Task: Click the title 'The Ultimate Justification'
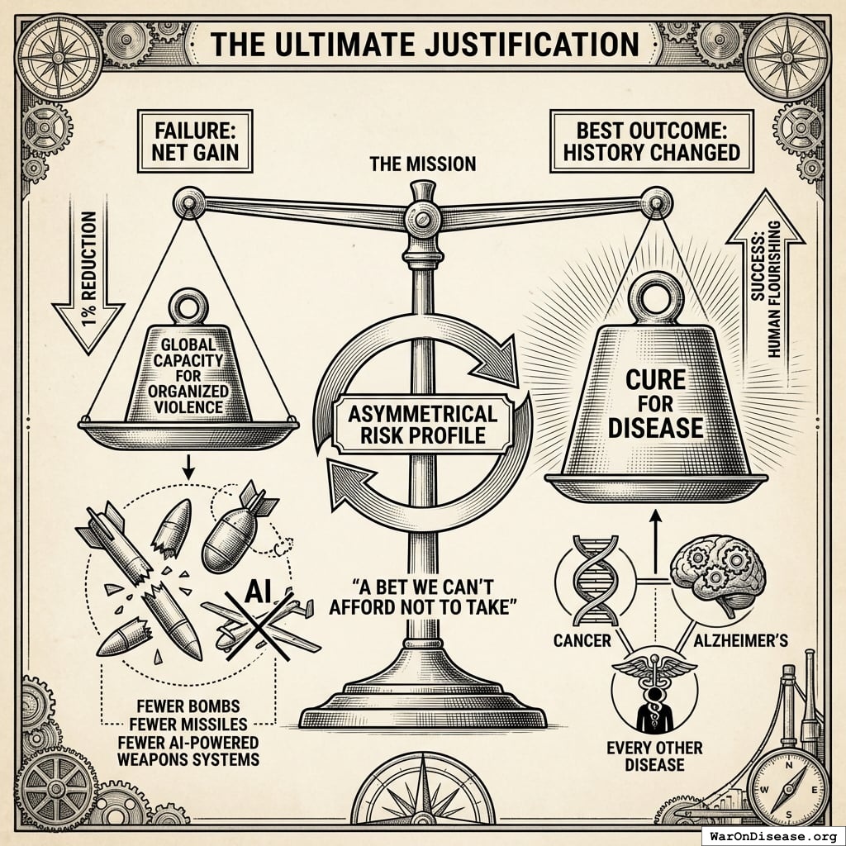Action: pos(422,42)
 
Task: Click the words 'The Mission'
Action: pos(423,164)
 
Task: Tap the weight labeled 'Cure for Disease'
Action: pos(654,402)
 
